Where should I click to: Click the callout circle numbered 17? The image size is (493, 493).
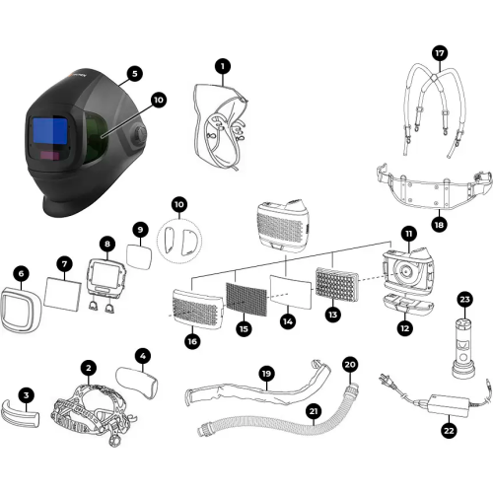point(440,53)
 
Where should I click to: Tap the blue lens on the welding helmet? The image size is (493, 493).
point(50,130)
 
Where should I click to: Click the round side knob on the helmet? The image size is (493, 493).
point(141,134)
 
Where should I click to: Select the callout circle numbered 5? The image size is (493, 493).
point(134,73)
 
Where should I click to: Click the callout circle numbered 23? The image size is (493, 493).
point(464,299)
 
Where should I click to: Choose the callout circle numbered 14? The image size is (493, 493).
point(288,321)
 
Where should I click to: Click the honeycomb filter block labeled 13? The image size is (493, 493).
point(337,284)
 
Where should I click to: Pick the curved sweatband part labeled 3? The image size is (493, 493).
point(21,415)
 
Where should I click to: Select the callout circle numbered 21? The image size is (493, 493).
point(314,411)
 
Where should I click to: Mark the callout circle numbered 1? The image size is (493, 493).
point(223,66)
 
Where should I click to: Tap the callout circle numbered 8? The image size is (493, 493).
point(107,244)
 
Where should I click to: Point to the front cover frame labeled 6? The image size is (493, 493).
point(21,310)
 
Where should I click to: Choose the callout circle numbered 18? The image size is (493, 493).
point(439,225)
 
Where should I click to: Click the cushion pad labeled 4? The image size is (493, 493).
point(137,383)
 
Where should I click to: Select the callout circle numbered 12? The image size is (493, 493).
point(405,328)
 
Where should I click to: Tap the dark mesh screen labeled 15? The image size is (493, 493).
point(246,299)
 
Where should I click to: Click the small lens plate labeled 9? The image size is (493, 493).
point(139,256)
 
